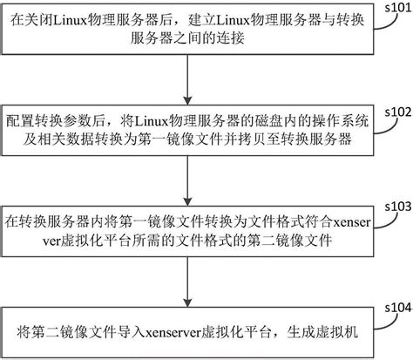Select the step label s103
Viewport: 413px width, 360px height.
396,206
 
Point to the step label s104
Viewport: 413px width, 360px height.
396,308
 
